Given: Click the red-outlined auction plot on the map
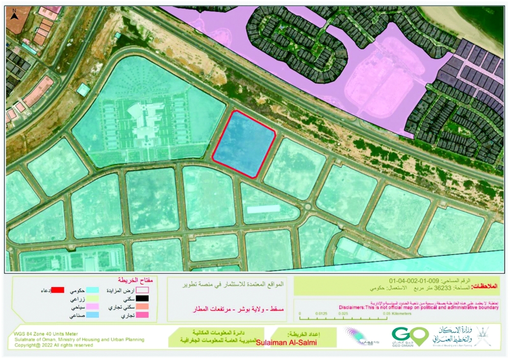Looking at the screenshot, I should coord(244,144).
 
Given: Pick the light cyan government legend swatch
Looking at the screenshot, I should coord(93,290).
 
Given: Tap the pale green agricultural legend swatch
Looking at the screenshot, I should coord(93,299).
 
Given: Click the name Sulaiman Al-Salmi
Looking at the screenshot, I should coord(286,343).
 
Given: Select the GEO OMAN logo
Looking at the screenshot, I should coord(410,337).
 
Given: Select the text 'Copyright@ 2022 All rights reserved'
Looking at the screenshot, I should coord(54,345).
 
